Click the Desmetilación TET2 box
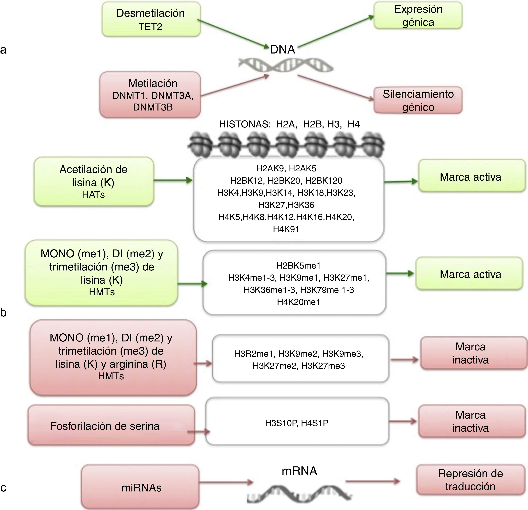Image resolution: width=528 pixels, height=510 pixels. pyautogui.click(x=151, y=19)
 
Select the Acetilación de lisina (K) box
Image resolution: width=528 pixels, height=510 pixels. pyautogui.click(x=93, y=181)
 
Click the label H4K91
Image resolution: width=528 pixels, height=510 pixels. pyautogui.click(x=286, y=229)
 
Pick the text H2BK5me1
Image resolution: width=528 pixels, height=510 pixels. pyautogui.click(x=298, y=266)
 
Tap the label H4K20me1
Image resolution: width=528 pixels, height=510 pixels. pyautogui.click(x=298, y=302)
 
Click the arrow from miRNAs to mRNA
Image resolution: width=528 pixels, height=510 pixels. pyautogui.click(x=226, y=482)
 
